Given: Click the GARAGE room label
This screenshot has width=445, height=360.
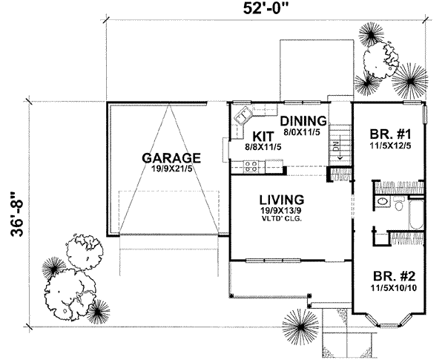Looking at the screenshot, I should pyautogui.click(x=171, y=158).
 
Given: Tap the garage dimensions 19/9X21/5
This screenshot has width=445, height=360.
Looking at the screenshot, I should pyautogui.click(x=172, y=170).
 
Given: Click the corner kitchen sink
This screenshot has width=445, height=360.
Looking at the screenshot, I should pyautogui.click(x=242, y=117).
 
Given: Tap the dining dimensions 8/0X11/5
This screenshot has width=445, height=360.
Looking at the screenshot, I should pyautogui.click(x=302, y=132).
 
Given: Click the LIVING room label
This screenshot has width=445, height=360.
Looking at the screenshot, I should pyautogui.click(x=281, y=200).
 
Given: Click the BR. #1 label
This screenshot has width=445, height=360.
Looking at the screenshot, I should pyautogui.click(x=390, y=135).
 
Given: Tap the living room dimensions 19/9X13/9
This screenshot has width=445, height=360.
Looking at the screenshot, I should pyautogui.click(x=281, y=212).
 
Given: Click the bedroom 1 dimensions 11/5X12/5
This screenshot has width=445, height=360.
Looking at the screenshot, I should pyautogui.click(x=390, y=147).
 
